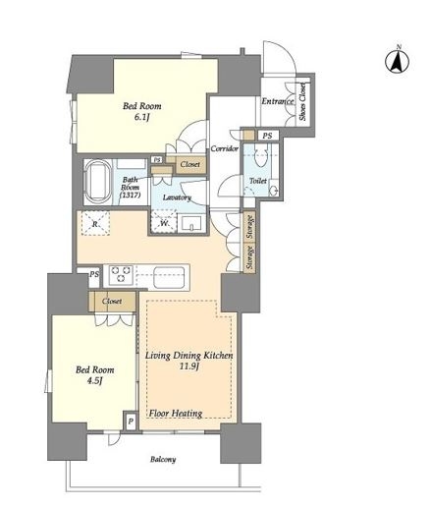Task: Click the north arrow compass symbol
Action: click(398, 61)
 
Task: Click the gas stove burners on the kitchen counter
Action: click(121, 274)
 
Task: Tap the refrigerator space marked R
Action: click(95, 224)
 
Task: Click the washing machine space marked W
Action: click(164, 223)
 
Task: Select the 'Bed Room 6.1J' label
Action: click(141, 112)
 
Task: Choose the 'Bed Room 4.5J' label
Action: click(95, 375)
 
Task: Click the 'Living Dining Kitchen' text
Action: click(189, 355)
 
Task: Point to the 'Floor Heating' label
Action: click(176, 414)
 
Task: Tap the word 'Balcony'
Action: click(163, 459)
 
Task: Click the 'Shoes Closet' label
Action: click(303, 101)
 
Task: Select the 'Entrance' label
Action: click(278, 101)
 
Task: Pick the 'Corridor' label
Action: click(224, 148)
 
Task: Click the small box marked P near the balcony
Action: click(131, 421)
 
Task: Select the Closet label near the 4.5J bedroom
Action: click(112, 301)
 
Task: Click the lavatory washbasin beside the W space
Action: click(191, 223)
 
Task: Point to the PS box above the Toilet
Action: click(268, 136)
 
